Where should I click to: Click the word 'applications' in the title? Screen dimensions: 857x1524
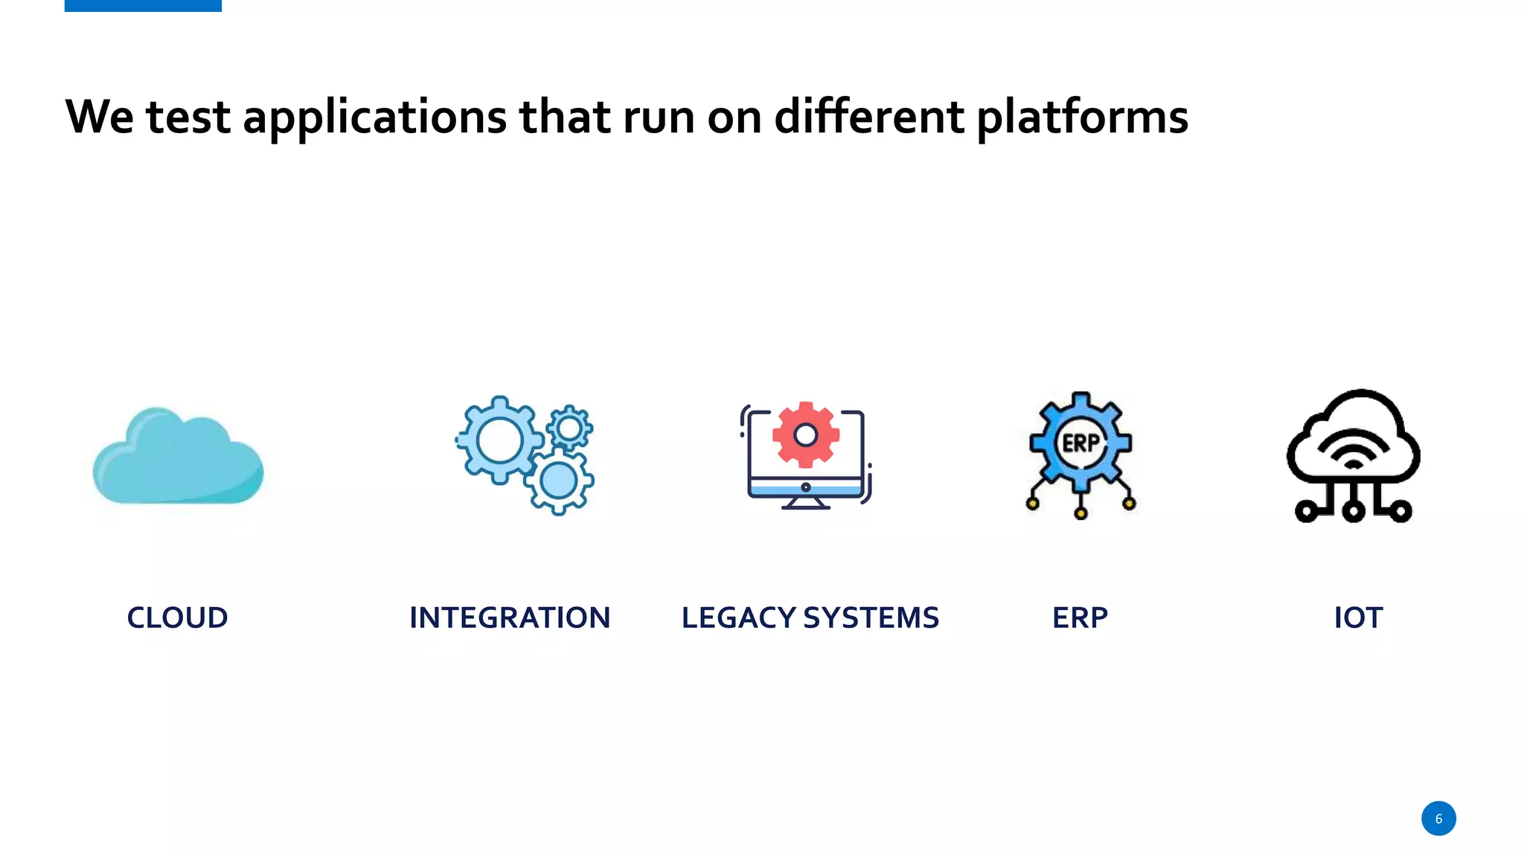point(374,118)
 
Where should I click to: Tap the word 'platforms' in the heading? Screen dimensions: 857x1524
point(1082,118)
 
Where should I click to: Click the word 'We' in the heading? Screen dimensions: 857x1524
point(99,117)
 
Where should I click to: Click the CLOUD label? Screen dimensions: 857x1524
point(177,617)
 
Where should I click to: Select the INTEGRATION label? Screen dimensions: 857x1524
point(510,617)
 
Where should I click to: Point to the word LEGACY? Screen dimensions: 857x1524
point(738,617)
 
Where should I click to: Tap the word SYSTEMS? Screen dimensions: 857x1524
point(871,617)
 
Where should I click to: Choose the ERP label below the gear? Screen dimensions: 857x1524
point(1080,617)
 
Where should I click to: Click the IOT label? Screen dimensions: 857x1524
point(1358,617)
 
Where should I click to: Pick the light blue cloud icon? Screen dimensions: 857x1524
point(178,458)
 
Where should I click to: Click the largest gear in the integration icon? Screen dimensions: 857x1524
point(499,440)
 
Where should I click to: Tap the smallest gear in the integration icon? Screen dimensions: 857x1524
point(570,428)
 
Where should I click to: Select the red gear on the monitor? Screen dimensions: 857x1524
point(806,434)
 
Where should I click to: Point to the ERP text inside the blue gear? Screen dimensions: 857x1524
point(1080,443)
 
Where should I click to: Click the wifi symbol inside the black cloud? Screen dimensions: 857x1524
point(1354,452)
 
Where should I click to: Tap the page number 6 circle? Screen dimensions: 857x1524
point(1438,818)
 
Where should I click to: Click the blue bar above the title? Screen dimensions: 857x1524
point(143,5)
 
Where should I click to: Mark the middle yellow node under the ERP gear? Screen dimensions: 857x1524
point(1080,513)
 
